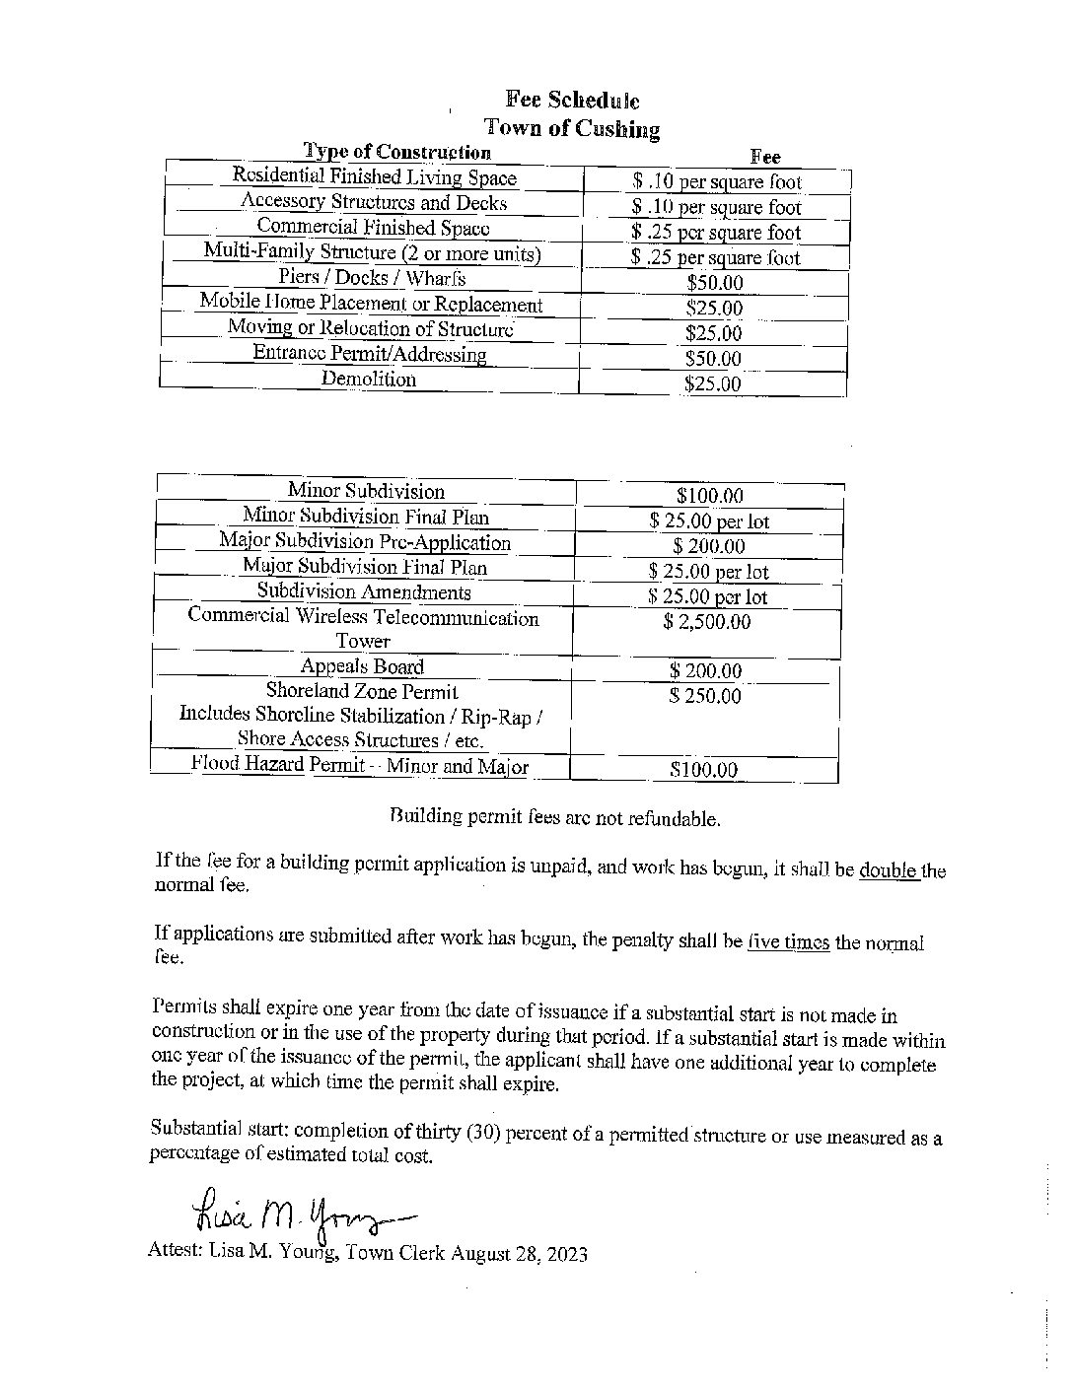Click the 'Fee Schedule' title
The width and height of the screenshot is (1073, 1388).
click(x=572, y=101)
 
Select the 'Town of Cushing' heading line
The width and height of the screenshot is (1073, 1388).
click(x=572, y=128)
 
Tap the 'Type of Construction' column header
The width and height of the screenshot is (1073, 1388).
click(x=396, y=152)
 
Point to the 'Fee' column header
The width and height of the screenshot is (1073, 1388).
click(x=765, y=157)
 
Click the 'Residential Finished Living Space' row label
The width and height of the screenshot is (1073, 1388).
click(x=374, y=177)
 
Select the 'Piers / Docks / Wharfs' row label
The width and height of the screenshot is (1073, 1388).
click(x=372, y=278)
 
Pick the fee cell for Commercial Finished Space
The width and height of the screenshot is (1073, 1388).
click(x=716, y=233)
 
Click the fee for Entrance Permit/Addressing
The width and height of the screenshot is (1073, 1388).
click(x=713, y=359)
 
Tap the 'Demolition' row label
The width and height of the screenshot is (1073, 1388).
click(x=368, y=380)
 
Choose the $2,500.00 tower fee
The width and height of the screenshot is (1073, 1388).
click(x=707, y=622)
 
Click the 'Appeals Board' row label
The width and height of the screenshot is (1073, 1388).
click(x=362, y=667)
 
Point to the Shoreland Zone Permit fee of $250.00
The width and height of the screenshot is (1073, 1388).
click(x=704, y=696)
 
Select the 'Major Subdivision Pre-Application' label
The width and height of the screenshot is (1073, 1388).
click(x=365, y=542)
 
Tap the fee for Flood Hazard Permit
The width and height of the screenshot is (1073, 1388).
click(x=703, y=770)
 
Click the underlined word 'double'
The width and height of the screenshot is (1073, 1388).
click(x=890, y=870)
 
